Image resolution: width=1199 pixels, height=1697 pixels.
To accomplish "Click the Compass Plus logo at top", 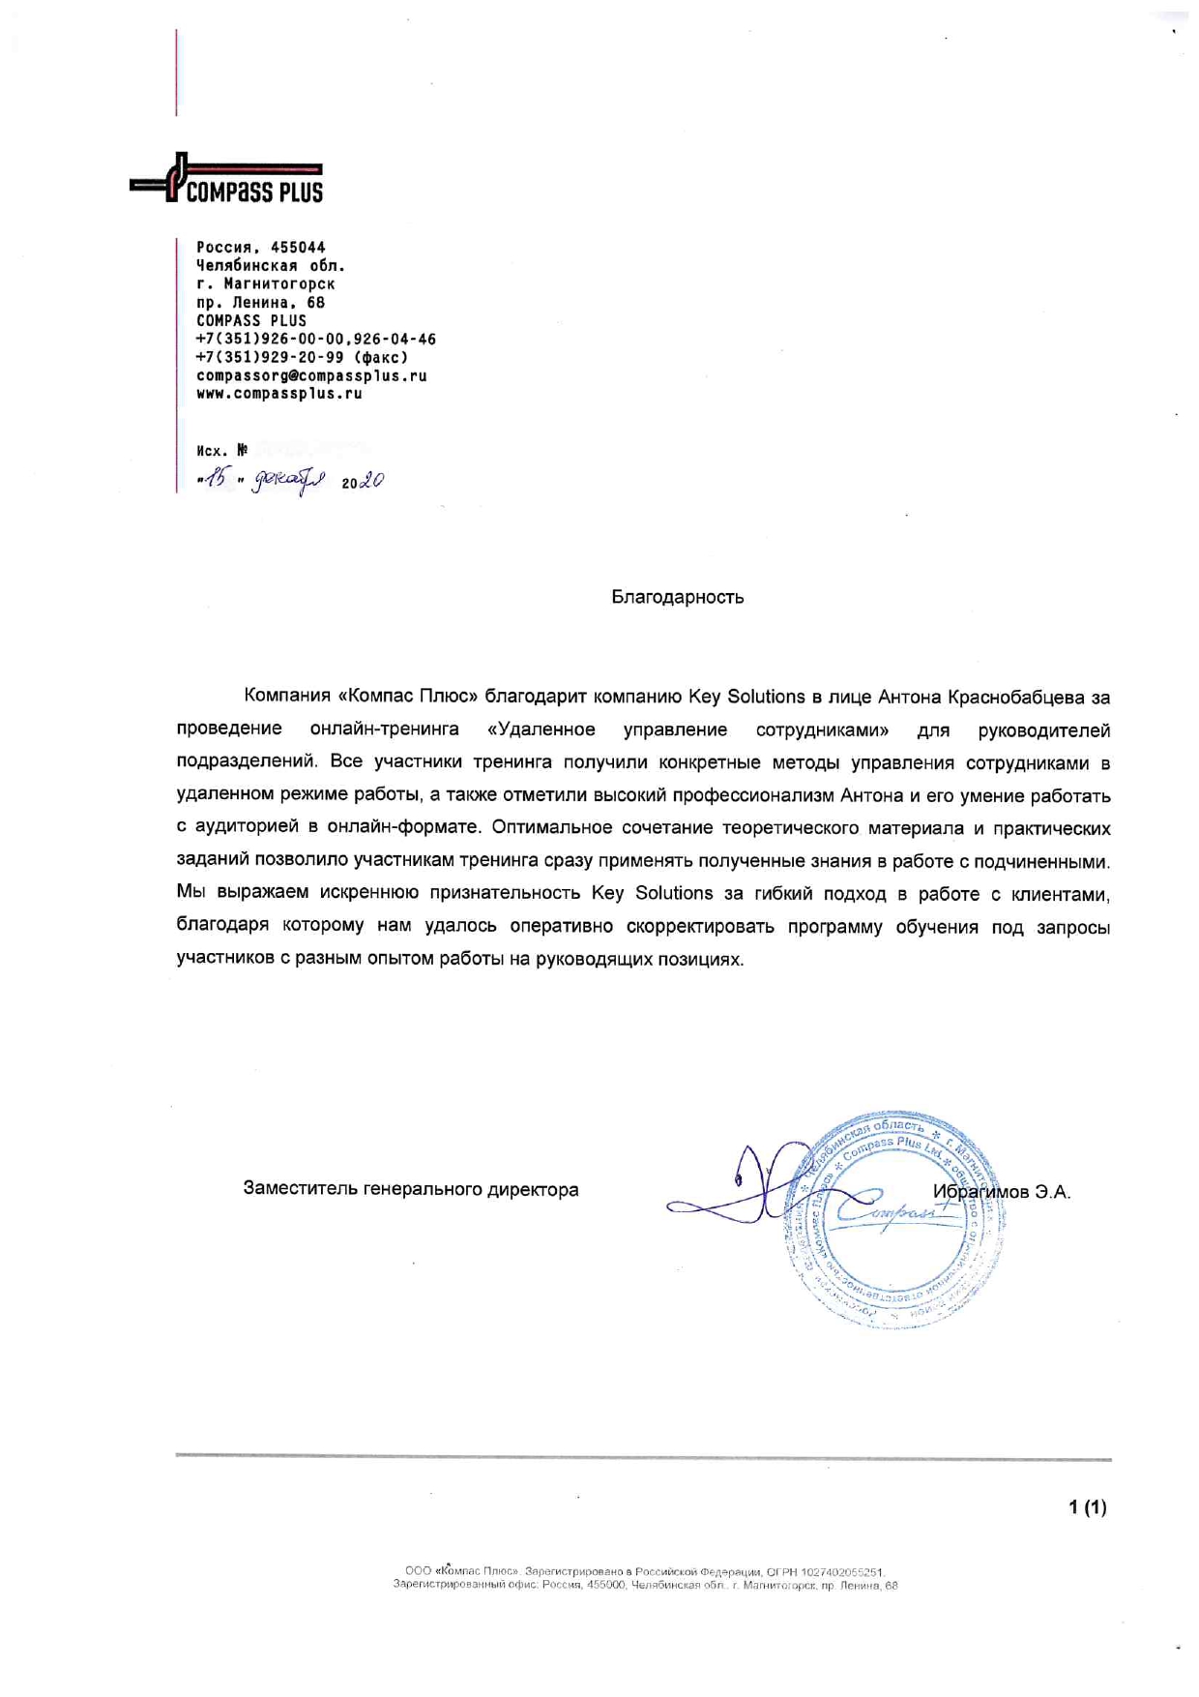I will pos(227,180).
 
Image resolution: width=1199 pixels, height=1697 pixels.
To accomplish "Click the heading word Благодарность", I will pos(677,597).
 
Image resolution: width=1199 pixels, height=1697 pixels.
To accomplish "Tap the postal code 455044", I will pos(298,248).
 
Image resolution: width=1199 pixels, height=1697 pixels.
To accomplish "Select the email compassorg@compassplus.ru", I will pos(311,375).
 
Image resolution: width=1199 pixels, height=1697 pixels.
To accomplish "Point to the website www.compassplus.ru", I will pos(278,394).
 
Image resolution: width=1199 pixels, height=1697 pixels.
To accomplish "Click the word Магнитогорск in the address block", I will pos(278,284).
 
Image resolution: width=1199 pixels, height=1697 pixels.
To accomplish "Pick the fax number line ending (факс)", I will pos(302,357).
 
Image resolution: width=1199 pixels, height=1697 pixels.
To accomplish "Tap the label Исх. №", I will pos(221,451).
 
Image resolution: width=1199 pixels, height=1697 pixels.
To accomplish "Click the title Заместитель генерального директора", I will pos(411,1189).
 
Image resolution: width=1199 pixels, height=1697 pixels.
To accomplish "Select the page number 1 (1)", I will pos(1087,1506).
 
